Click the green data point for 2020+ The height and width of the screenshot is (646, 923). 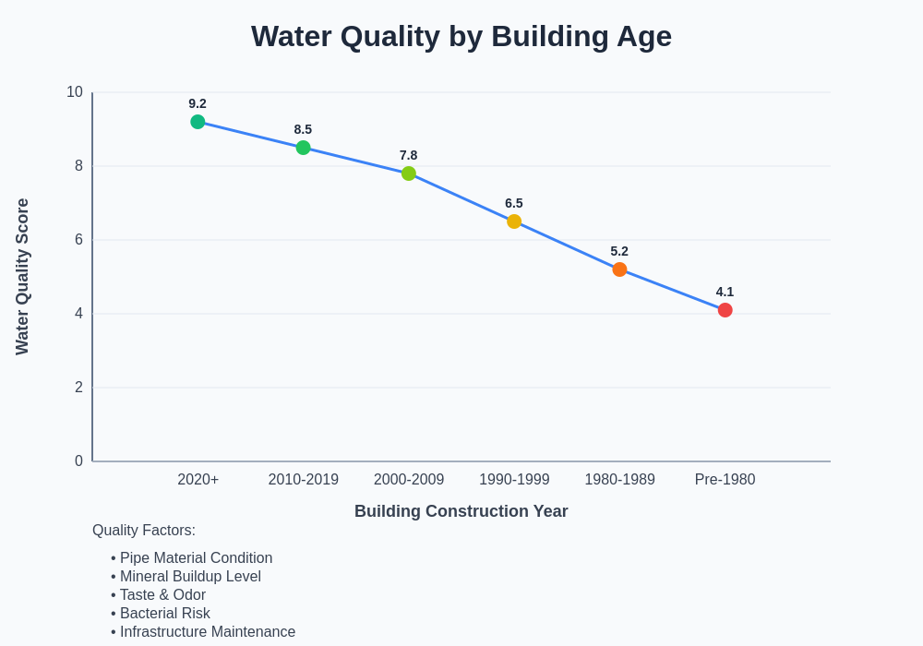click(198, 122)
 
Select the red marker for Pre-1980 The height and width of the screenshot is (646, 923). click(725, 310)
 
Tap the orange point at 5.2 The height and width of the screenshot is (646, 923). click(619, 269)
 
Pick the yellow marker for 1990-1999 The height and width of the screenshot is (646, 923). click(514, 221)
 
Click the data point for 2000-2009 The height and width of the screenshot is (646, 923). click(409, 173)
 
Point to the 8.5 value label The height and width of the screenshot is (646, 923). click(303, 129)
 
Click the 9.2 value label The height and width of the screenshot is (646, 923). click(198, 103)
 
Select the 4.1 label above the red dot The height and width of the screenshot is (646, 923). click(725, 292)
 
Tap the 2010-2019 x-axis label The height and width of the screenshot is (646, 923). click(304, 480)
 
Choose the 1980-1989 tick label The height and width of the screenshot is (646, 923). click(619, 480)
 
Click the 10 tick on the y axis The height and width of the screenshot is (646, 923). click(75, 92)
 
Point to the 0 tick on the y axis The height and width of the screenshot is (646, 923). click(78, 461)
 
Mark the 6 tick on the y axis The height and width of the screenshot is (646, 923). click(78, 240)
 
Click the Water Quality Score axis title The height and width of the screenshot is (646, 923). click(22, 277)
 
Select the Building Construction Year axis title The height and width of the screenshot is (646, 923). click(461, 511)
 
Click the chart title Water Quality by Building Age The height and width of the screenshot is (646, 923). click(461, 37)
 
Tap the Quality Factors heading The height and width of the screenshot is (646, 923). click(144, 531)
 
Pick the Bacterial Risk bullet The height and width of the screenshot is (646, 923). click(162, 614)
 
